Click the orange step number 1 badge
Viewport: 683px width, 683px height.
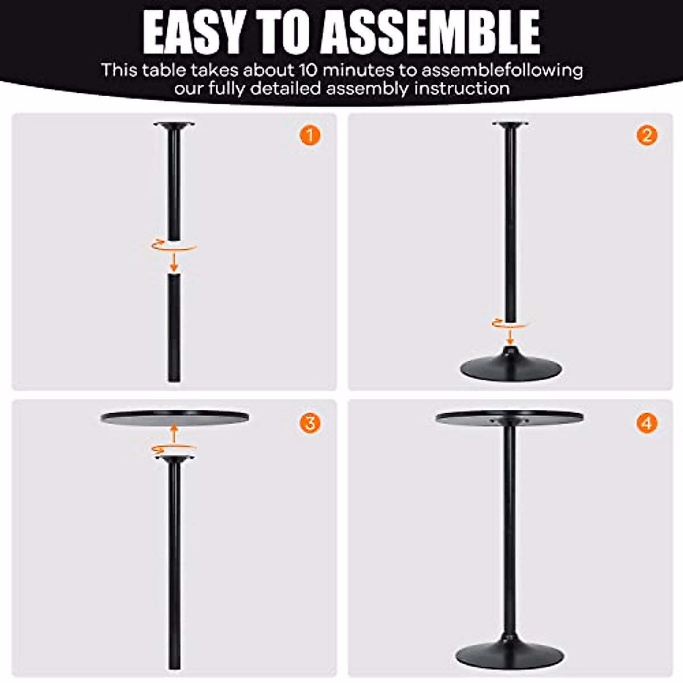click(310, 136)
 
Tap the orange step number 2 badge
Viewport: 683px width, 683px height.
click(647, 136)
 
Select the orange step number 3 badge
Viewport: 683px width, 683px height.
click(310, 423)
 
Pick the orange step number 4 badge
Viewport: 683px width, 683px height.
click(647, 423)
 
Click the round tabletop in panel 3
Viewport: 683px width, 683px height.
click(175, 417)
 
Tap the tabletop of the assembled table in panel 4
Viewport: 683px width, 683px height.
click(509, 417)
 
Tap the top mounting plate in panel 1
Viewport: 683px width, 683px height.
click(174, 126)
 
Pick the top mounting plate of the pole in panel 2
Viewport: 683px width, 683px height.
click(511, 125)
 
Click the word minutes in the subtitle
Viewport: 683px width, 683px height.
click(359, 70)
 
